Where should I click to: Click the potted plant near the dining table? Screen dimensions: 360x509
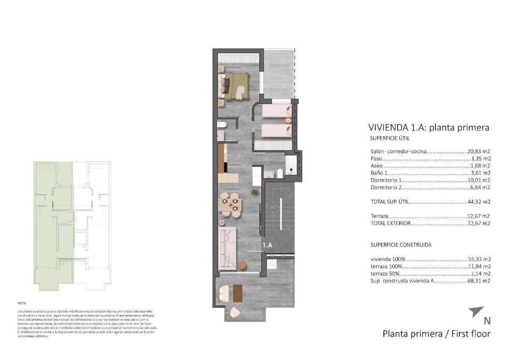[x=255, y=193]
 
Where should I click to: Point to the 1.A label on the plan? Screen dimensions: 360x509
[x=267, y=245]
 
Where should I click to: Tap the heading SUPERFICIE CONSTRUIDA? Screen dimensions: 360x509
[x=401, y=245]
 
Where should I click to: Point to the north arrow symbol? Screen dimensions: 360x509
[x=475, y=312]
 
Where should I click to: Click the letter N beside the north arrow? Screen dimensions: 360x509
[x=487, y=321]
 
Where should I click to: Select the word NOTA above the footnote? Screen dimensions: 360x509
[x=22, y=304]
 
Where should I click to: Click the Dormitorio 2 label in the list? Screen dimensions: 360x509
[x=386, y=187]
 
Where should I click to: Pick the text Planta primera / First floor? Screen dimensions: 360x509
[x=436, y=334]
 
